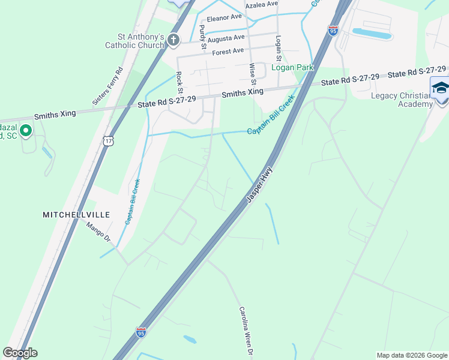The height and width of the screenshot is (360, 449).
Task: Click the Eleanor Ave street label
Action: pyautogui.click(x=224, y=17)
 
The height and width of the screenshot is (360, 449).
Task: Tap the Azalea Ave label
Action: pyautogui.click(x=264, y=4)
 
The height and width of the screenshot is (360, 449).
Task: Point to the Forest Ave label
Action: pyautogui.click(x=228, y=52)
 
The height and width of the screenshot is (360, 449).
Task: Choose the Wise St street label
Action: pyautogui.click(x=253, y=74)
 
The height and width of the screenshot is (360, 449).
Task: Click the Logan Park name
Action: pyautogui.click(x=292, y=68)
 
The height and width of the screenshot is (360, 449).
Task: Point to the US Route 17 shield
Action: pyautogui.click(x=107, y=140)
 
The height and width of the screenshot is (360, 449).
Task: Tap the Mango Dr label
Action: pyautogui.click(x=100, y=232)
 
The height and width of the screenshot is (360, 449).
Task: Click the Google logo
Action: pyautogui.click(x=20, y=353)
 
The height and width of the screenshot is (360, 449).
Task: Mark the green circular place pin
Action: pyautogui.click(x=26, y=130)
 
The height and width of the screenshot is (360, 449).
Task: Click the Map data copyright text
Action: pyautogui.click(x=411, y=355)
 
